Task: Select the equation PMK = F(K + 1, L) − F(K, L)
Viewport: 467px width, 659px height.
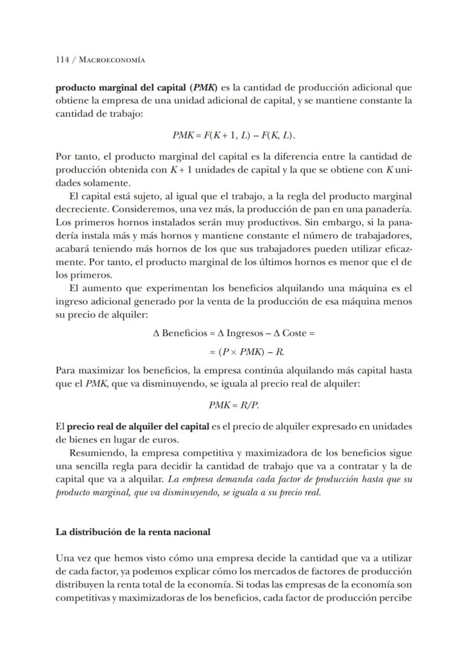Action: (233, 135)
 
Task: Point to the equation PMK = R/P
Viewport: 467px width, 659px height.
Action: (233, 405)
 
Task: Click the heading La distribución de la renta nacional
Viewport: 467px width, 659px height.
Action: (133, 531)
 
